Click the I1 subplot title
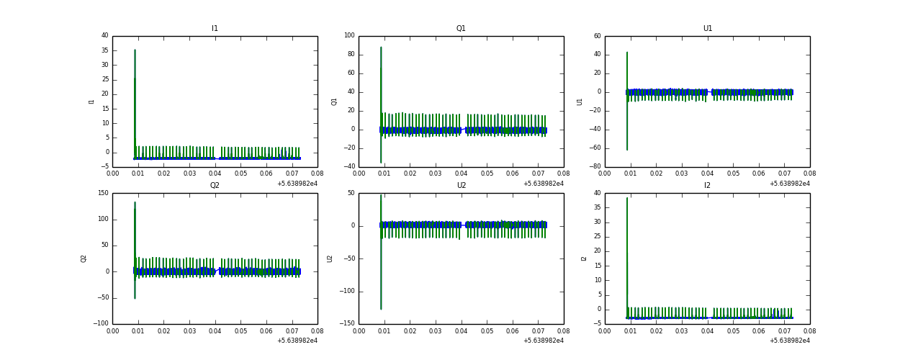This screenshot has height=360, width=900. click(x=215, y=29)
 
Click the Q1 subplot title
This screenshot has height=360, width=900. click(x=461, y=29)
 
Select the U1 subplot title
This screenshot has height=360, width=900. click(x=707, y=29)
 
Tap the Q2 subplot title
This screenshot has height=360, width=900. click(x=215, y=186)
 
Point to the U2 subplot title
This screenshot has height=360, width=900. click(x=461, y=186)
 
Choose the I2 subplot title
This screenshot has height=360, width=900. click(x=707, y=186)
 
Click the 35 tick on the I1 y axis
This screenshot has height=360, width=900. click(x=104, y=50)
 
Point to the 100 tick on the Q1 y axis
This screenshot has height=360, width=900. click(x=349, y=35)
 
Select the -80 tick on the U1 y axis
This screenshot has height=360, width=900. click(x=595, y=167)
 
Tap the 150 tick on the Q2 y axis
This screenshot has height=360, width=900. click(x=102, y=193)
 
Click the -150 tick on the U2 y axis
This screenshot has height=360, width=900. click(x=347, y=324)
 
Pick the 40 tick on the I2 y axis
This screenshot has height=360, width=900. click(x=597, y=193)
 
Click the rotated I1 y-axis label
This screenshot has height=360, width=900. click(x=91, y=102)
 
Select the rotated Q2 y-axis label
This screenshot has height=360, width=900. click(x=84, y=258)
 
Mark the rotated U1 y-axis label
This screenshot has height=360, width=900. click(x=580, y=102)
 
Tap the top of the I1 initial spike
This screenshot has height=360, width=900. click(x=135, y=50)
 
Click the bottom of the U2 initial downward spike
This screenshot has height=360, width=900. click(x=381, y=309)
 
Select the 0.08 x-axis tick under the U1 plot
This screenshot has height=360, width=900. click(x=809, y=174)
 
